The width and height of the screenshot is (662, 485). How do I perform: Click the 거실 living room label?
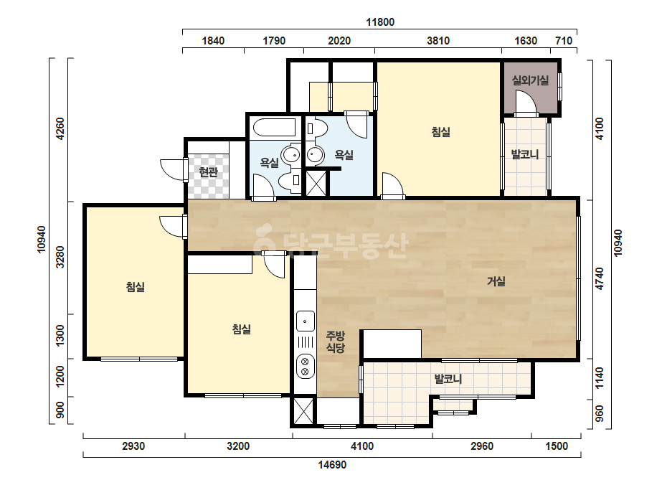tap(496, 281)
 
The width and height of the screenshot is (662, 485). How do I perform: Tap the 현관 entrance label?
tap(208, 172)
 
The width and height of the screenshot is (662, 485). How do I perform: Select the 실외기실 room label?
tap(530, 80)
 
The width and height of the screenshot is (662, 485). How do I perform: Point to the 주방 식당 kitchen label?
tap(336, 342)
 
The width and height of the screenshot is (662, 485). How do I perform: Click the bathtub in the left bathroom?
tap(274, 127)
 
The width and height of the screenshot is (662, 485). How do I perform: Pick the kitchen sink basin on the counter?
tap(305, 321)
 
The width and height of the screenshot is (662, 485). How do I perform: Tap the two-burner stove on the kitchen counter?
tap(305, 366)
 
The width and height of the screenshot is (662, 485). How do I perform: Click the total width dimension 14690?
tap(332, 465)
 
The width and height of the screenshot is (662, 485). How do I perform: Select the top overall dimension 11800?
tap(380, 22)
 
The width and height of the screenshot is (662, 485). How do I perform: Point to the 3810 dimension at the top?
tap(438, 41)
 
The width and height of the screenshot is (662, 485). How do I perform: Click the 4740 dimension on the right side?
tap(599, 279)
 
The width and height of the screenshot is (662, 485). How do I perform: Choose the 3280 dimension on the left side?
tap(60, 257)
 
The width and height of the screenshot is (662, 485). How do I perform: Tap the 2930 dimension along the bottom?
tap(133, 446)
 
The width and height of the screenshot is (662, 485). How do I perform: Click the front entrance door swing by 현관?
tap(173, 170)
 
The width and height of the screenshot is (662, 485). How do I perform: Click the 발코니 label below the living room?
tap(448, 379)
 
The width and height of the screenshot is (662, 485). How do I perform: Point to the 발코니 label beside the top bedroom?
tap(525, 155)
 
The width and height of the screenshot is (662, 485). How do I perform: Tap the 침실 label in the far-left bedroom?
tap(136, 287)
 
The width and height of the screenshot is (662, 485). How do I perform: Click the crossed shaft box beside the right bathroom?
tap(316, 183)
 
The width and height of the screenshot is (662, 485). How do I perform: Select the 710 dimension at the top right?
tap(564, 41)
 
